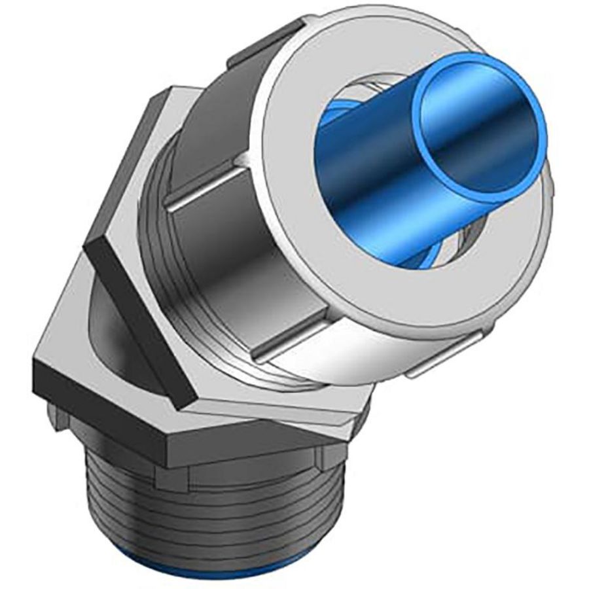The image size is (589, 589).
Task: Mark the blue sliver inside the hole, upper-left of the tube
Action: [357, 98]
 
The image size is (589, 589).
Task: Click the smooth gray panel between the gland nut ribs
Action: [216, 262]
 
